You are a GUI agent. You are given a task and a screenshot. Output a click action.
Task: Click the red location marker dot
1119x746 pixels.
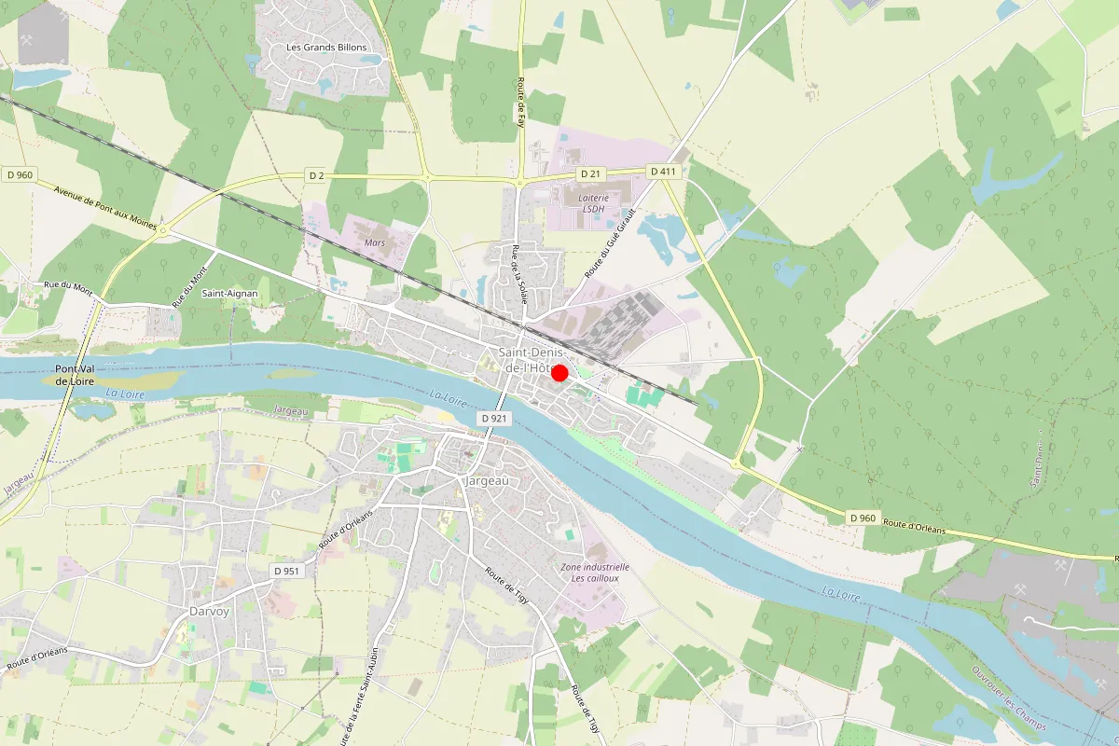click(559, 373)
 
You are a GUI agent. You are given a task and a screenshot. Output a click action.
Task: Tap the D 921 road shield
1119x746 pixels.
click(495, 420)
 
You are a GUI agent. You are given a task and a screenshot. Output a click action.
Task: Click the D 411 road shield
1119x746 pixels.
click(662, 172)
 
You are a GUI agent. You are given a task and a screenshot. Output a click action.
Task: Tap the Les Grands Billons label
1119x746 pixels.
click(326, 48)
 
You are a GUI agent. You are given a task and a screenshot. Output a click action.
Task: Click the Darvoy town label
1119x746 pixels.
click(209, 613)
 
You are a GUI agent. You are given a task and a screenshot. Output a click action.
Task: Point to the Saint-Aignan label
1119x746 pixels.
click(229, 294)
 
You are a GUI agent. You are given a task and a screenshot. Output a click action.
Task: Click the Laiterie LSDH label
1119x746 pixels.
click(594, 203)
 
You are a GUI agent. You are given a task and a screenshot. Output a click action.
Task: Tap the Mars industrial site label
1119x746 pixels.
click(375, 242)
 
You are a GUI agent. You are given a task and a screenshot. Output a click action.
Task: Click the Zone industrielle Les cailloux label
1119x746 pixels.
click(595, 572)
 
